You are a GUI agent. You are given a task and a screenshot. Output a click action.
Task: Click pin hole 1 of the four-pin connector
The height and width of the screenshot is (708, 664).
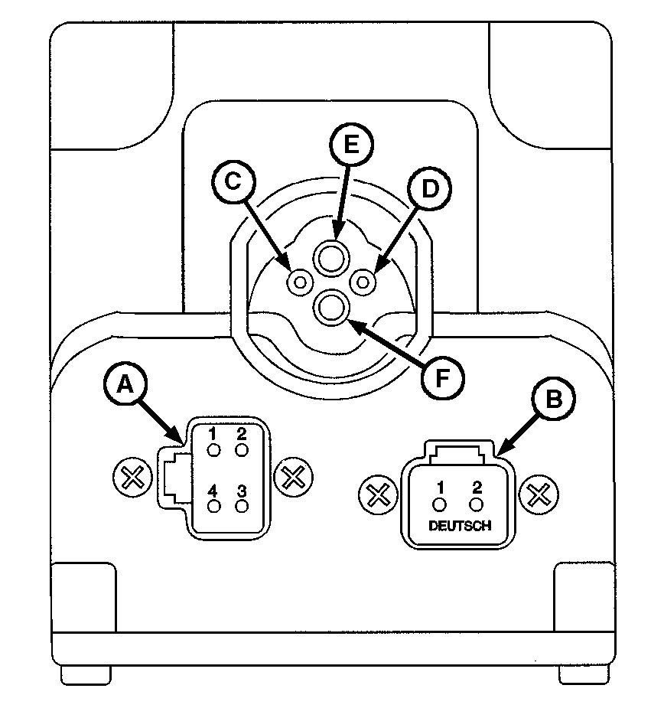(215, 449)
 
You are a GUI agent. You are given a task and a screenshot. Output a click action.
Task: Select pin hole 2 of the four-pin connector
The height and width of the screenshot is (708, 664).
(242, 449)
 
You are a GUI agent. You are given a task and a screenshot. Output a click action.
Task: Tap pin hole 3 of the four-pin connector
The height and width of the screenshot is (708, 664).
(242, 506)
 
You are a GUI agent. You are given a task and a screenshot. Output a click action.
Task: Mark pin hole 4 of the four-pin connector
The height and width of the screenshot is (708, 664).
(215, 506)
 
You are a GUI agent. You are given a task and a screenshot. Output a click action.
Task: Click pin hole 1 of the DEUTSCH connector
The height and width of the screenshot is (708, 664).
(440, 504)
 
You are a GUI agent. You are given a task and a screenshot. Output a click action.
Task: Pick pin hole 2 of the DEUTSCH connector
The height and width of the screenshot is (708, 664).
(476, 504)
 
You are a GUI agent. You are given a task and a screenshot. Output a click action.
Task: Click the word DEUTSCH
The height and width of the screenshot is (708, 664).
(457, 527)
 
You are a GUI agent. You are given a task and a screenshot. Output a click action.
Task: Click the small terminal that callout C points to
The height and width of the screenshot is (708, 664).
(298, 282)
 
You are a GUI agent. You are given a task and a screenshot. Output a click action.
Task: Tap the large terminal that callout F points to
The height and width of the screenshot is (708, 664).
(331, 308)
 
